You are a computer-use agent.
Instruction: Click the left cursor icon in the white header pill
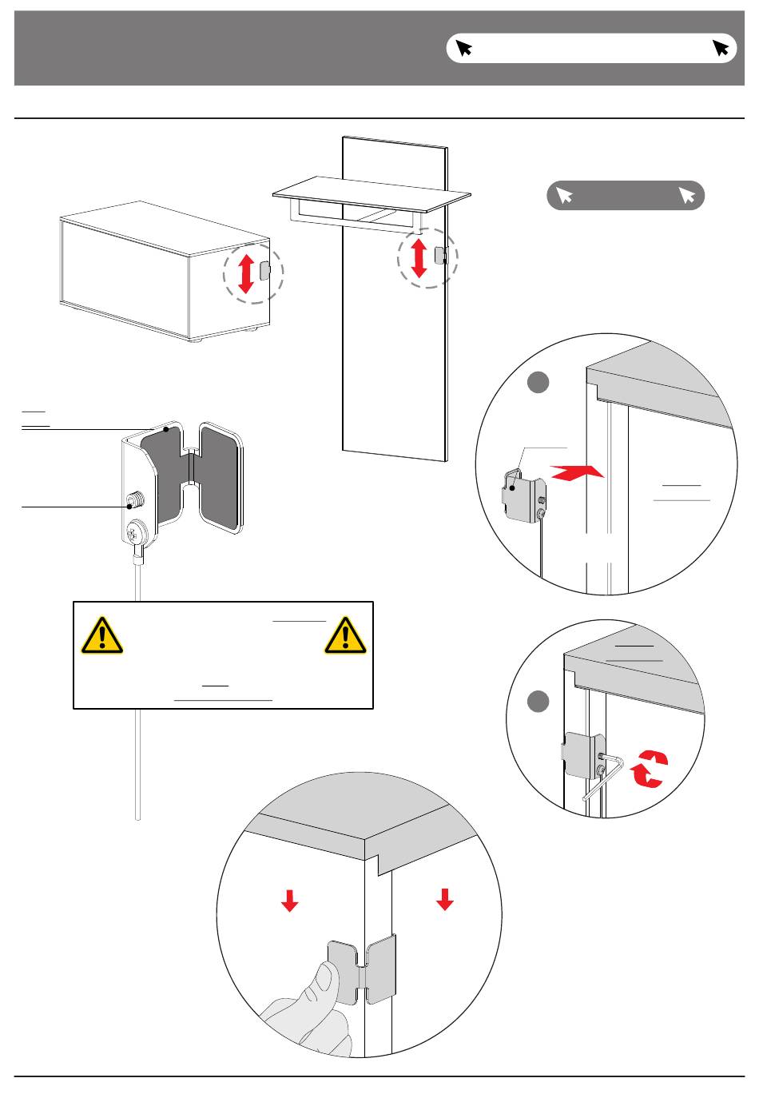[463, 48]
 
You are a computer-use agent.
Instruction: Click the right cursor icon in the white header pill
[721, 48]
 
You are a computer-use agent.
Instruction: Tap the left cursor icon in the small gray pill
[565, 195]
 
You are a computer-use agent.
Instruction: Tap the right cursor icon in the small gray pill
[686, 195]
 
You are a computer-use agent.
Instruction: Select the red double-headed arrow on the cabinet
[246, 273]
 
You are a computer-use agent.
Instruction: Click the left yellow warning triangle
[101, 636]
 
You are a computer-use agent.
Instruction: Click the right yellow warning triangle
[345, 636]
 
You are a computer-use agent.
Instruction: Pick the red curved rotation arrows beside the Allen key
[649, 770]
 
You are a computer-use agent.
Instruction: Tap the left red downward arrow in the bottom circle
[289, 901]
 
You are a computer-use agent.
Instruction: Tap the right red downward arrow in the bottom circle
[445, 901]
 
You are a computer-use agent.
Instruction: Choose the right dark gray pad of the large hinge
[219, 477]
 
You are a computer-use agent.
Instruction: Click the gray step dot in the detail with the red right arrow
[538, 383]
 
